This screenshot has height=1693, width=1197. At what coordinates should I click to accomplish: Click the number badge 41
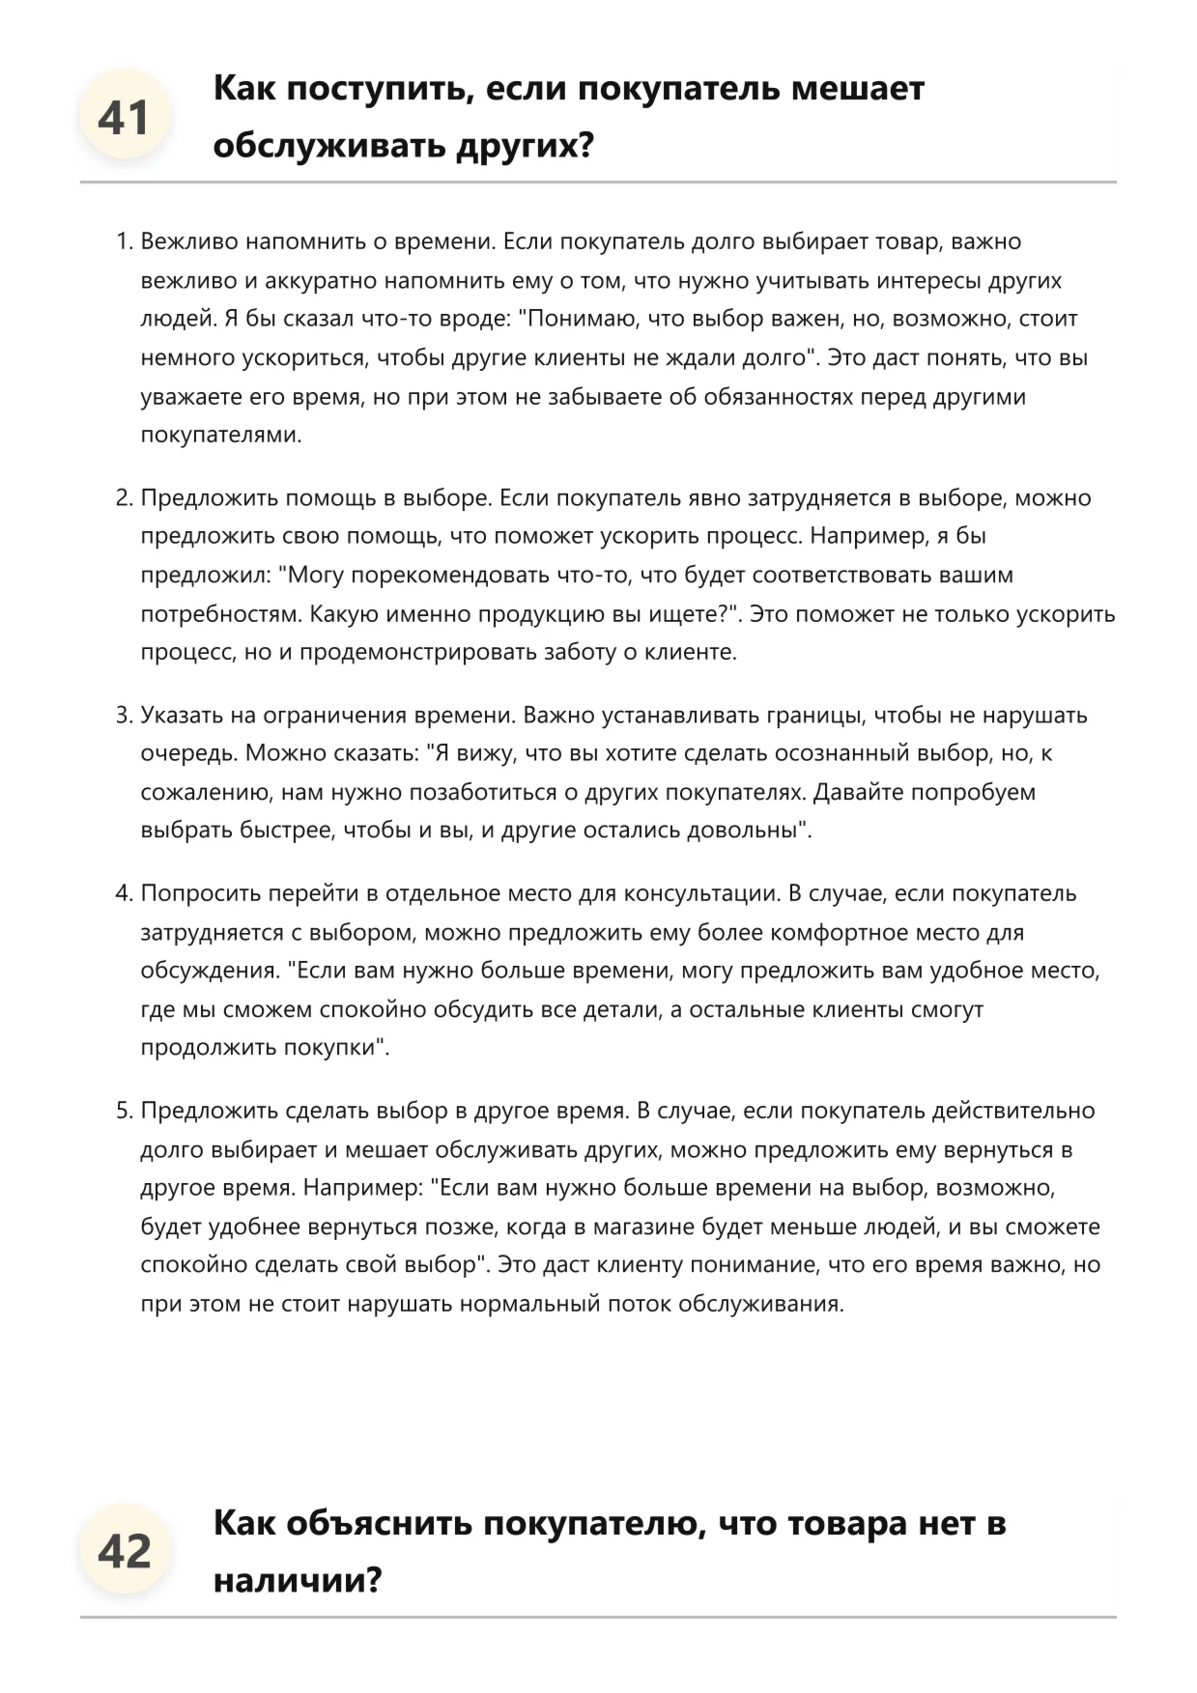coord(124,118)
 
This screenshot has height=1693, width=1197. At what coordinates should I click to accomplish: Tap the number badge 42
coord(124,1552)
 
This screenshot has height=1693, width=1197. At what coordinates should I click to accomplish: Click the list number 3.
coord(124,716)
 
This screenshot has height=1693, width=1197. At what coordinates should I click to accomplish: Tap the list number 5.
coord(124,1111)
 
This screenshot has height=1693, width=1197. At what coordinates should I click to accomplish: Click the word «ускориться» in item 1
coord(305,357)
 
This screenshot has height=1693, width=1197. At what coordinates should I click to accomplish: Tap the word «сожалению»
coord(206,793)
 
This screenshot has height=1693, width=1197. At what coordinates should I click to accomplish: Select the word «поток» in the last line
coord(640,1305)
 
